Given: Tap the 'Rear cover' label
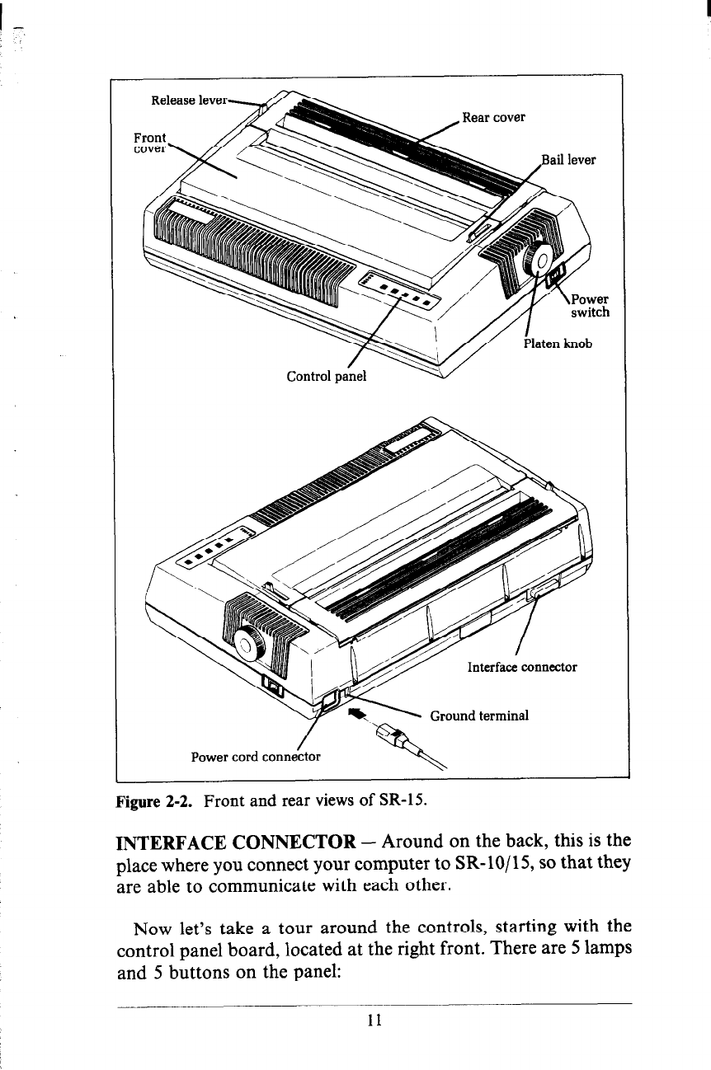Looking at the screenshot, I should [x=493, y=117].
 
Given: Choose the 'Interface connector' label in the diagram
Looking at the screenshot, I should [x=521, y=667].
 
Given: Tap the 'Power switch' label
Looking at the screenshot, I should [x=591, y=305].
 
